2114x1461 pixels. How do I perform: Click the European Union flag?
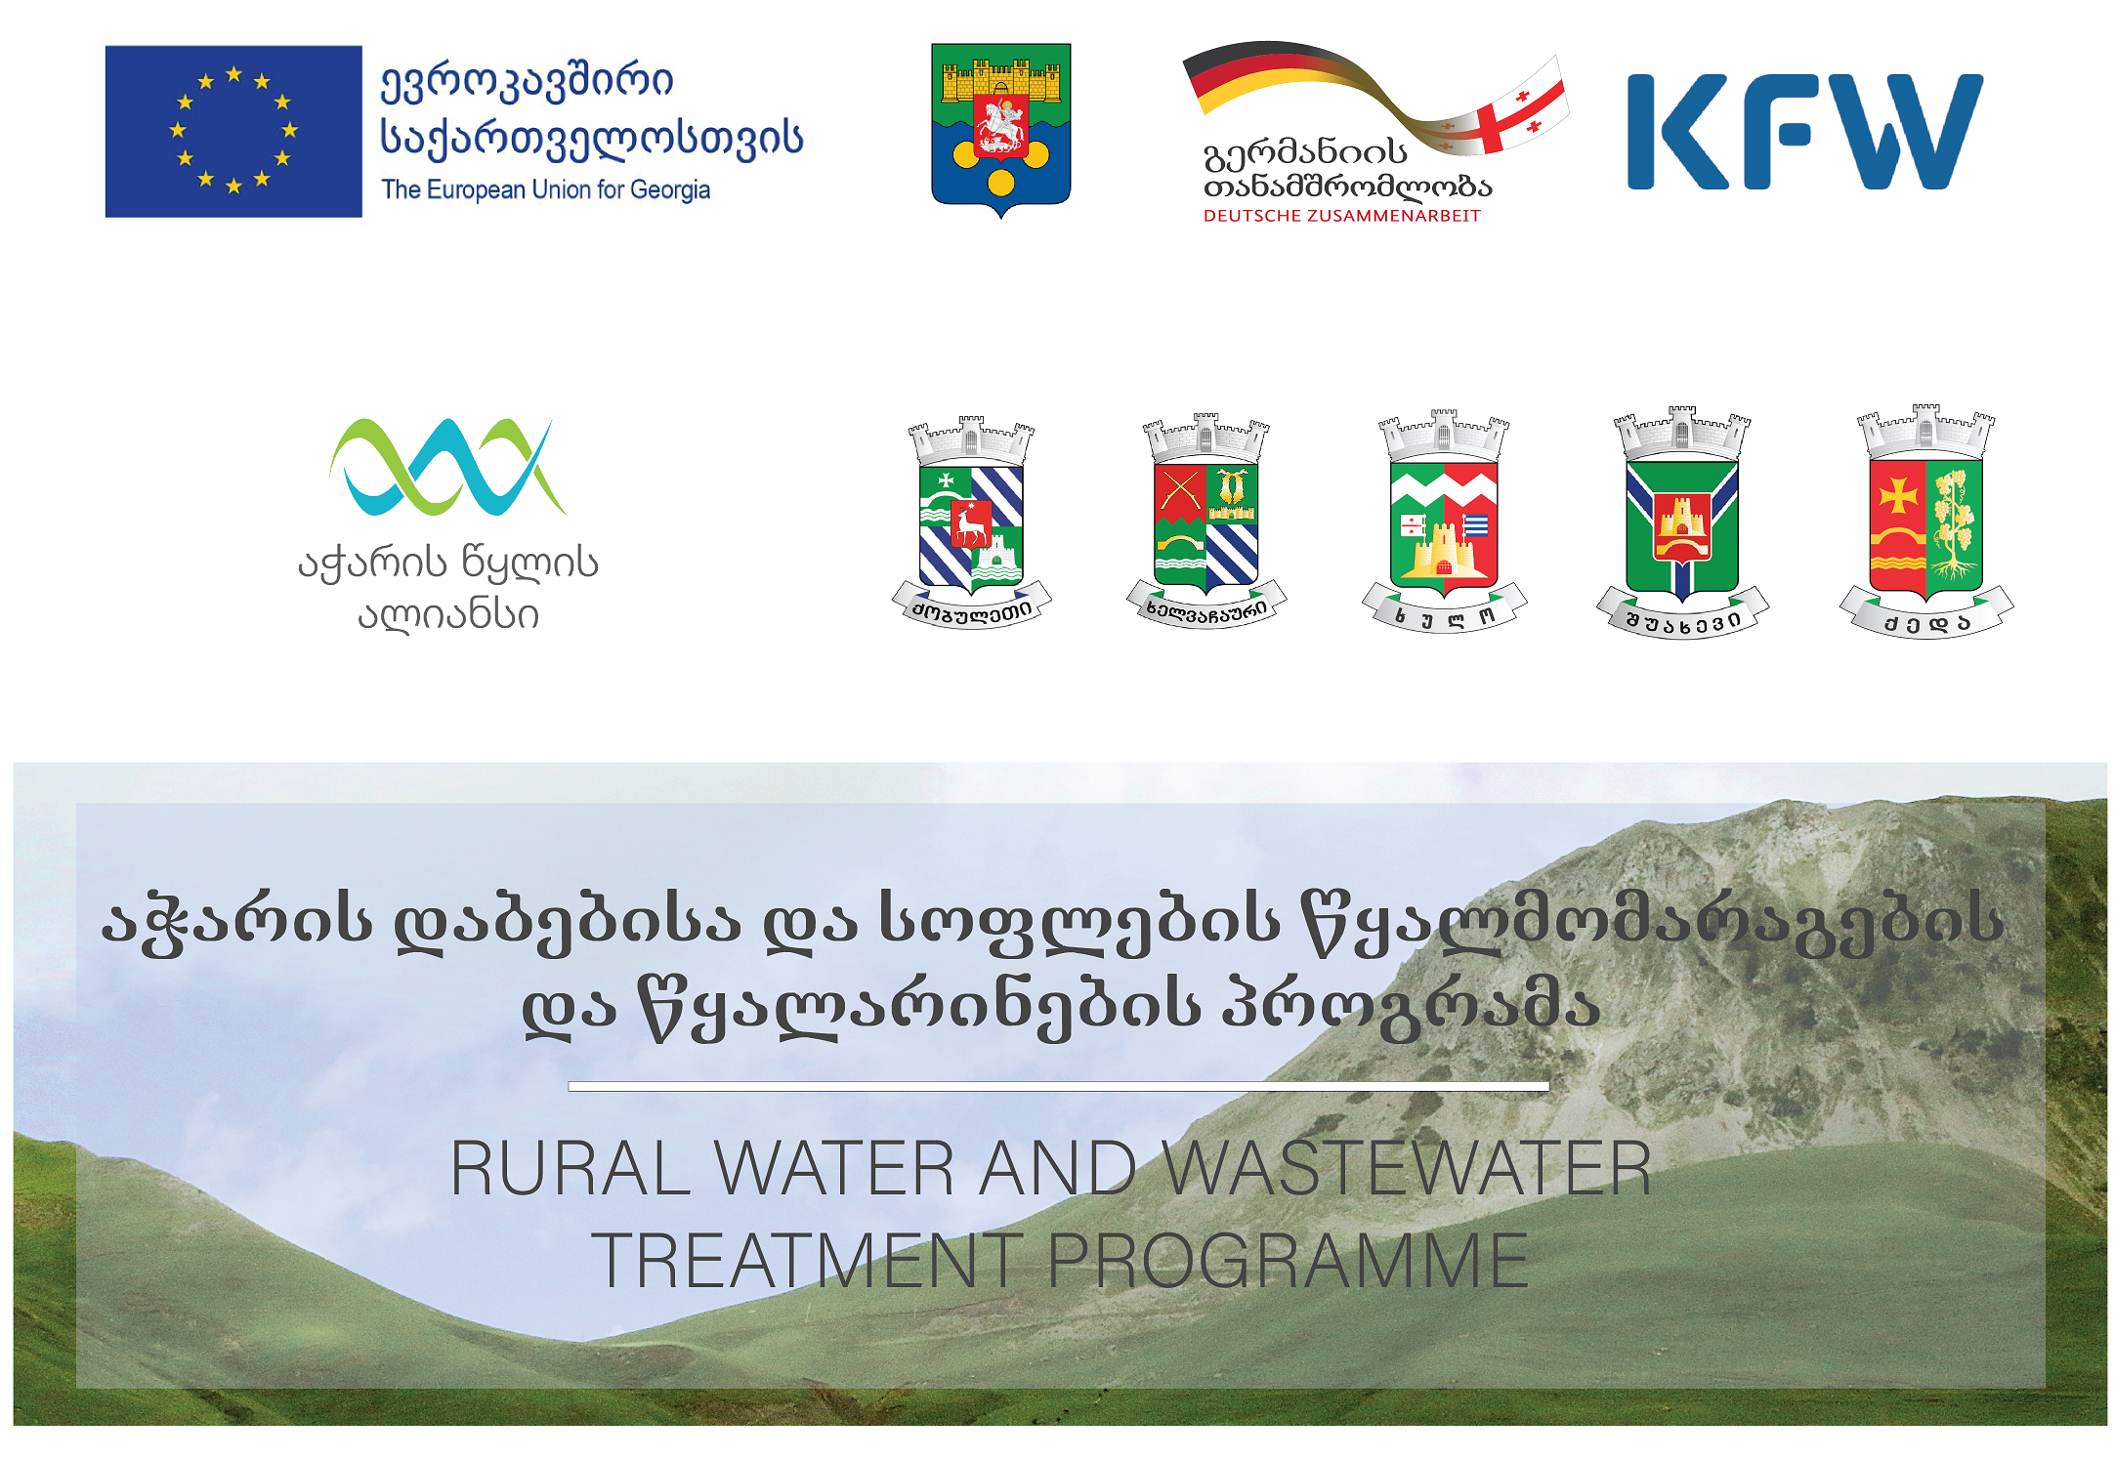tap(233, 131)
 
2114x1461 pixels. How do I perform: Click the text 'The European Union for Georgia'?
tap(545, 189)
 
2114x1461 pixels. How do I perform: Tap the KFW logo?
tap(1805, 132)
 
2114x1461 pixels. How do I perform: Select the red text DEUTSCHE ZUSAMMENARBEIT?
tap(1342, 216)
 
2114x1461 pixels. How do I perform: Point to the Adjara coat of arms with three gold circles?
tap(1001, 130)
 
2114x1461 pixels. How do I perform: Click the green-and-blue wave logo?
tap(447, 467)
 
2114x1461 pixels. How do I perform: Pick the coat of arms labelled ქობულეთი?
tap(971, 522)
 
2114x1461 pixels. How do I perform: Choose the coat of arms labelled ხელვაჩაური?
tap(1206, 521)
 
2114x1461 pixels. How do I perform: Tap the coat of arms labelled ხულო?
tap(1444, 521)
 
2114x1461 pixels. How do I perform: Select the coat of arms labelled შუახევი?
tap(1682, 522)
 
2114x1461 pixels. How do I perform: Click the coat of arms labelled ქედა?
tap(1925, 522)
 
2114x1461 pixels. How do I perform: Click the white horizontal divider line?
tap(1058, 1086)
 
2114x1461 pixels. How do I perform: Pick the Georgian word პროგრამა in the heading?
tap(1412, 1006)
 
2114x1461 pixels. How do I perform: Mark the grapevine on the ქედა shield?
tap(1953, 523)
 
